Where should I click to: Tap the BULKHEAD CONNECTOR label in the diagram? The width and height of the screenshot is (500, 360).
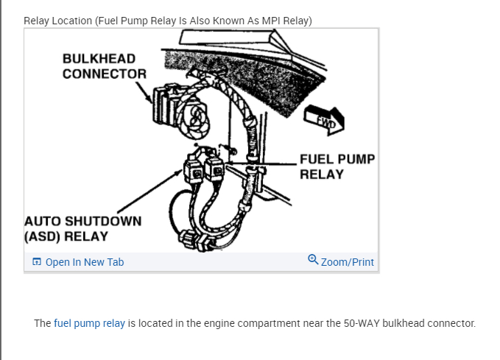(x=104, y=66)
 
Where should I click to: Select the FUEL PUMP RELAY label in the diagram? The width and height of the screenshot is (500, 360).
(x=337, y=166)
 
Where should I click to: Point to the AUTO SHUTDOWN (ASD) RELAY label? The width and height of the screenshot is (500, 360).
(x=82, y=228)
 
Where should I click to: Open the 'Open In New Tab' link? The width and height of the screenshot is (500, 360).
(x=84, y=262)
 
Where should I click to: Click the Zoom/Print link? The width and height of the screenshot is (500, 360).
(x=347, y=262)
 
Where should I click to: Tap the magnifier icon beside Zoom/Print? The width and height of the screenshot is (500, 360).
(x=313, y=261)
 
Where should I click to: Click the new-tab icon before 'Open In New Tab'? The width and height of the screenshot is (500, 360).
(x=37, y=262)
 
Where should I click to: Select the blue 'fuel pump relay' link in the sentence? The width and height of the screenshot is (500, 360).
(x=89, y=323)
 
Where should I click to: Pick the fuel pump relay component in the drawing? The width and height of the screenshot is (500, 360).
(x=216, y=169)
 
